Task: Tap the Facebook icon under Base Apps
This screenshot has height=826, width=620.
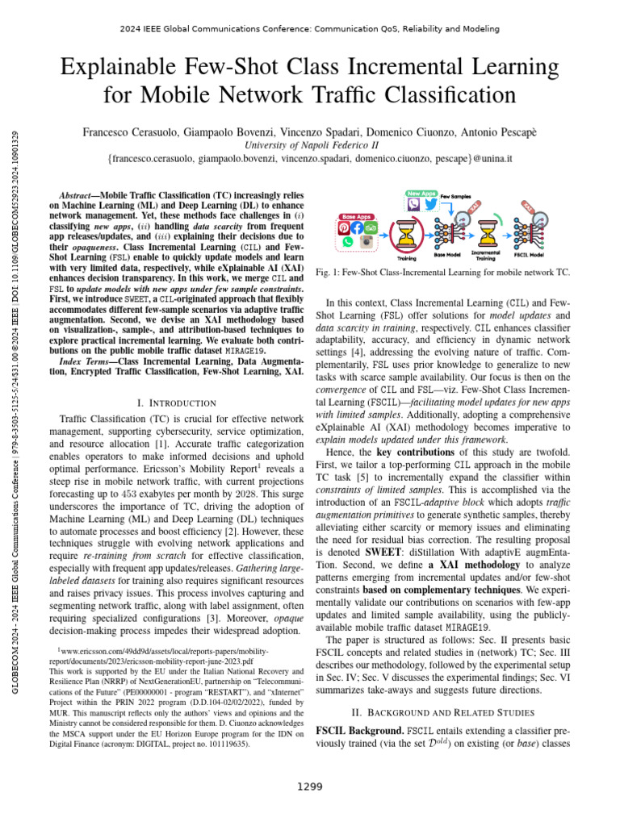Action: (356, 228)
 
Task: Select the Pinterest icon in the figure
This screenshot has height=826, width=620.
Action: (343, 228)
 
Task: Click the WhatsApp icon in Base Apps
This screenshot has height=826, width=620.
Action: (347, 241)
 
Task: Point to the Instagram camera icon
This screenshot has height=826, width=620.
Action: (364, 241)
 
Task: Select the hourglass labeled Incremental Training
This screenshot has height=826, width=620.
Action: (487, 236)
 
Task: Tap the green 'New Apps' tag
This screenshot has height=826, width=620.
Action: (421, 194)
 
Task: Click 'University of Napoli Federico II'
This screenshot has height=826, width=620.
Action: (310, 145)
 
